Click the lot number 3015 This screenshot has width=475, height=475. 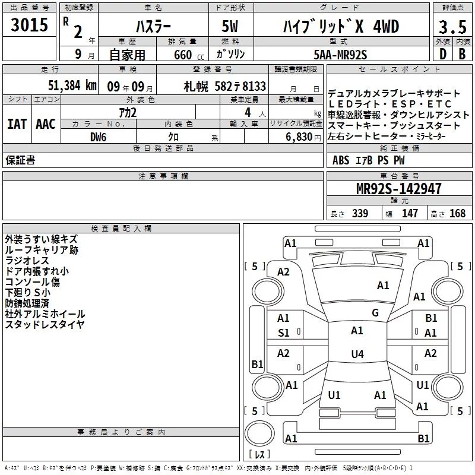click(29, 24)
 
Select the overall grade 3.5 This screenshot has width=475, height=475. click(452, 27)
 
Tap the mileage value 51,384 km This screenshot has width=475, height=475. click(72, 85)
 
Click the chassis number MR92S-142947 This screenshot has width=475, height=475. click(398, 188)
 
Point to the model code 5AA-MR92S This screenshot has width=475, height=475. click(340, 55)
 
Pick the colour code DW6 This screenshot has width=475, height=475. click(99, 137)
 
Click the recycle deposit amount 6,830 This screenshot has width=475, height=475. click(299, 137)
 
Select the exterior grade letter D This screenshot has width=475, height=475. click(443, 54)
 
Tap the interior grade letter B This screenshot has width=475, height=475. click(462, 54)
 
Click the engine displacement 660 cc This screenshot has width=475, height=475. click(189, 55)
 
